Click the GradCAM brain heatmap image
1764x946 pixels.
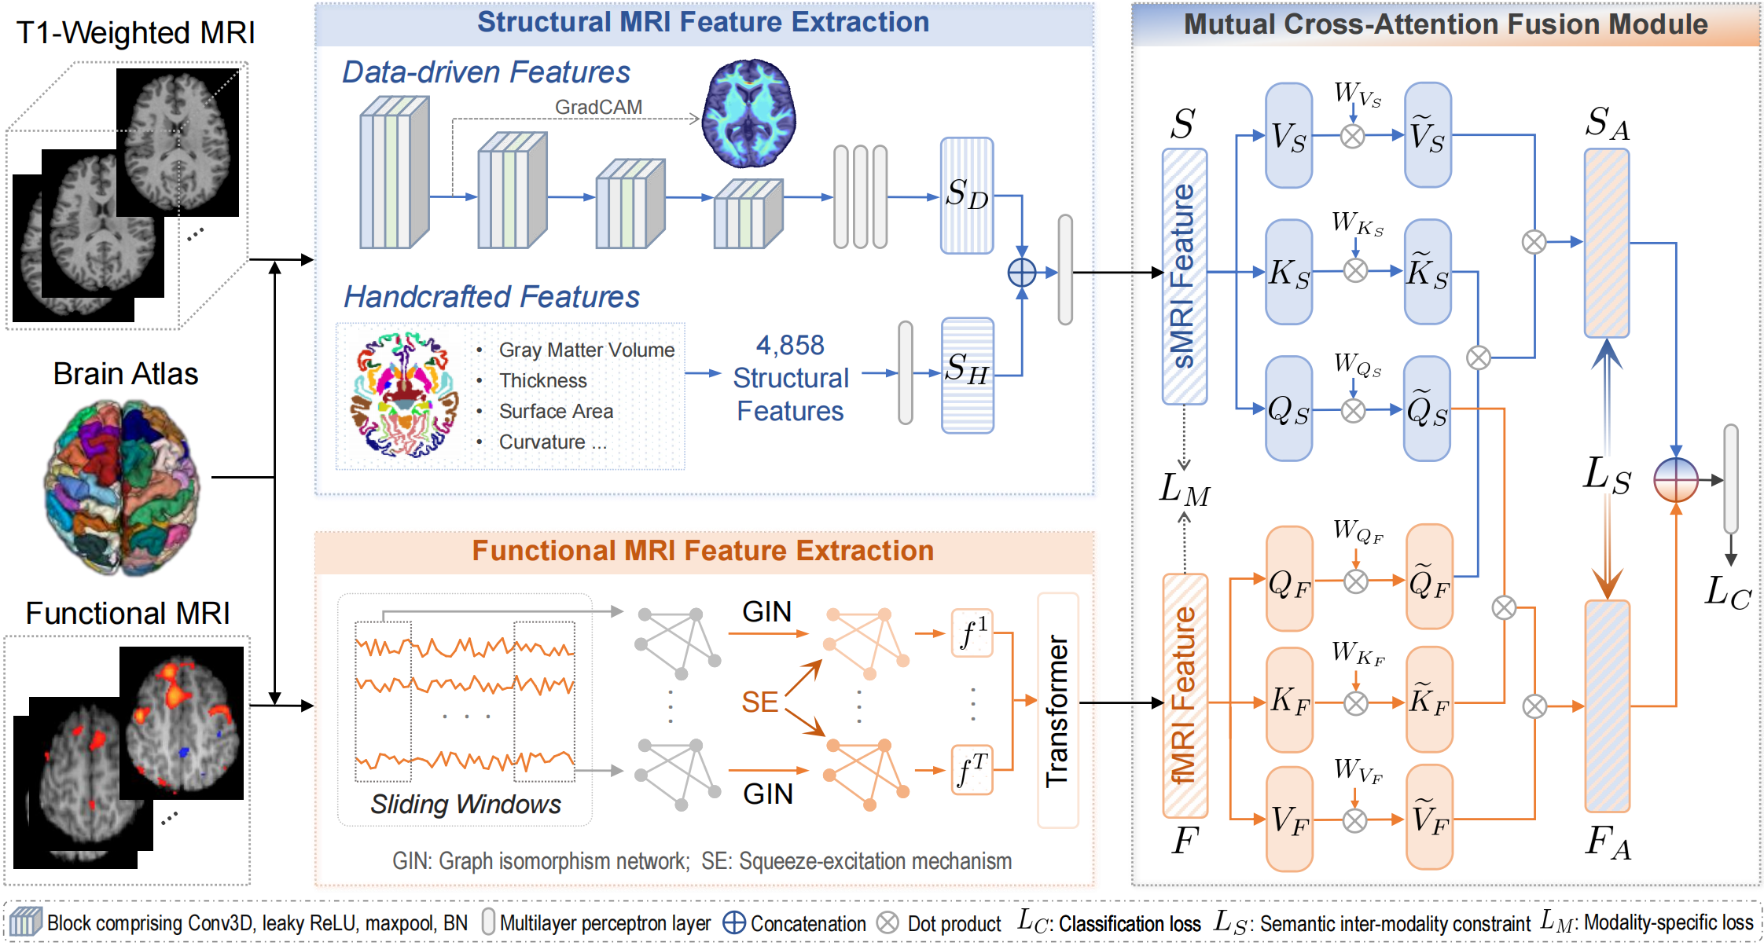[x=749, y=113]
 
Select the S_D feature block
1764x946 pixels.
[x=967, y=195]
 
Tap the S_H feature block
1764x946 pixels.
[x=967, y=375]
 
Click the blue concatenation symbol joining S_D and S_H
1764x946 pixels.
[x=1022, y=273]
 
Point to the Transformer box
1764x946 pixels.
[x=1057, y=709]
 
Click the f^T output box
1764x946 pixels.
[x=972, y=770]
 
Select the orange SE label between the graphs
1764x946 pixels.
[x=759, y=702]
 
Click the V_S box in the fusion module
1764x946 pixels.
[x=1288, y=136]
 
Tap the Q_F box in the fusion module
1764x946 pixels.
[x=1289, y=579]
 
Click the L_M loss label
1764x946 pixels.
[x=1184, y=490]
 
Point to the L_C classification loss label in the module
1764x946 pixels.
[x=1727, y=592]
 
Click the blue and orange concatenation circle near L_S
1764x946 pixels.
[x=1675, y=479]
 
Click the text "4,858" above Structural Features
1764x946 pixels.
[x=790, y=345]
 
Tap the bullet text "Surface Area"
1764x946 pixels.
[x=556, y=411]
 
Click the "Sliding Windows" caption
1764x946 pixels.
[x=465, y=804]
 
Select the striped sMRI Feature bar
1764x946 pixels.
[x=1184, y=277]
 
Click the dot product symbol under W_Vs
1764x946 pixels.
[x=1352, y=136]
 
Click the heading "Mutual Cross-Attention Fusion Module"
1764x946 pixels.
[x=1445, y=24]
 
